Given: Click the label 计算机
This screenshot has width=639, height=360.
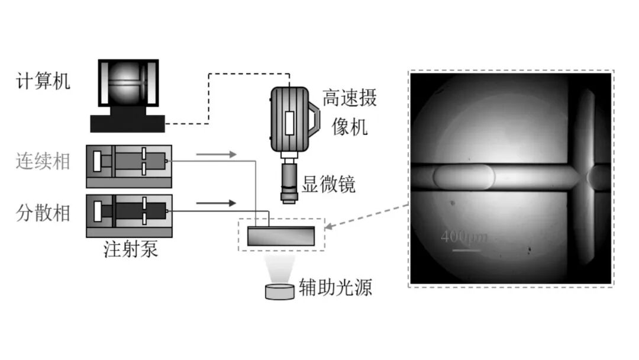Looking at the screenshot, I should (43, 81).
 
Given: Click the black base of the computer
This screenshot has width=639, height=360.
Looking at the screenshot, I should (127, 123).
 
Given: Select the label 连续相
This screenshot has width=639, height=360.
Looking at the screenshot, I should (43, 161).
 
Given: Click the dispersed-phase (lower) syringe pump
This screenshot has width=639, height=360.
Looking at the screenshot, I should (129, 211).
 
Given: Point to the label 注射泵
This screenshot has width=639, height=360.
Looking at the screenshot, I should (130, 250).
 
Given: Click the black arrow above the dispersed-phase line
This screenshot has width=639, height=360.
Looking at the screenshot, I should (215, 204).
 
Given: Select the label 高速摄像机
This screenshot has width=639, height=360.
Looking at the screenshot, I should (349, 112).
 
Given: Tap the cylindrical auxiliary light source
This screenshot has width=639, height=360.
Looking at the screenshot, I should (279, 291).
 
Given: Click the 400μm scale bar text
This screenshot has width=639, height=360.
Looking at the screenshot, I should (463, 237).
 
